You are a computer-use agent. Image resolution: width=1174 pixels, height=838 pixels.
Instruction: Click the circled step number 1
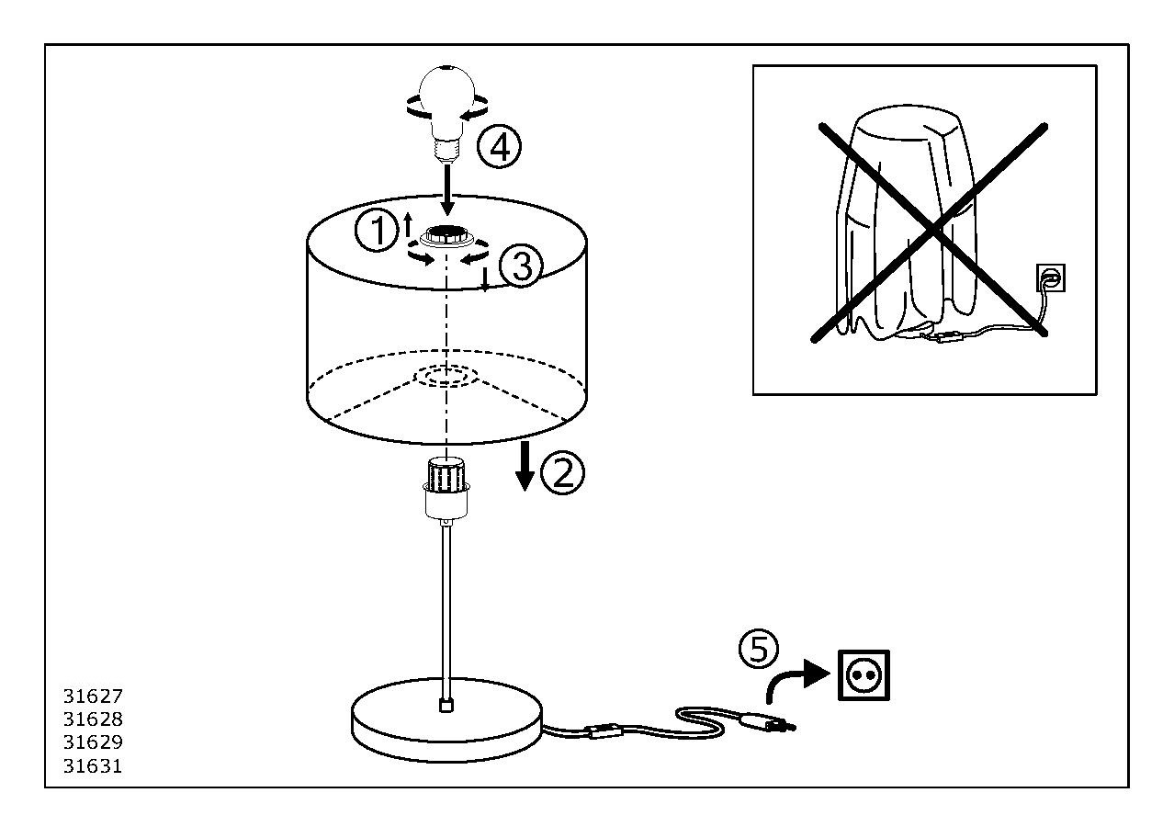coord(376,232)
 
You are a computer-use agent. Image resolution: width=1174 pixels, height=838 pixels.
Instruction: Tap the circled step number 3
coord(521,267)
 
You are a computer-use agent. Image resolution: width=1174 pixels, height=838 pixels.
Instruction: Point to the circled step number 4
coord(500,147)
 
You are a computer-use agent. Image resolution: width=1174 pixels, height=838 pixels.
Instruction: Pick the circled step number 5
coord(759,649)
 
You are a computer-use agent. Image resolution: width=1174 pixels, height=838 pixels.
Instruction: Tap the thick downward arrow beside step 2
coord(525,465)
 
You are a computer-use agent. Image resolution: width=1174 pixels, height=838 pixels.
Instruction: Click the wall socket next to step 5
coord(864,675)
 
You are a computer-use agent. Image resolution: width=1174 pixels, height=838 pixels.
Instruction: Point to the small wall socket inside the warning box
coord(1051,277)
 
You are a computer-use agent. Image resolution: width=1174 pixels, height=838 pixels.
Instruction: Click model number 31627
coord(93,696)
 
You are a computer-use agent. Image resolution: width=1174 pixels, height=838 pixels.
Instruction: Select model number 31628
coord(93,719)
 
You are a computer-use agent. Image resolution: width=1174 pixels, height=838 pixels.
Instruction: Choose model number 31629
coord(93,742)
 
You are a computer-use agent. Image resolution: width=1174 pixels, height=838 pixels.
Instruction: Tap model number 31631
coord(93,765)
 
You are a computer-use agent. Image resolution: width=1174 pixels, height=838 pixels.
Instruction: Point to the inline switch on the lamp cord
coord(606,732)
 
